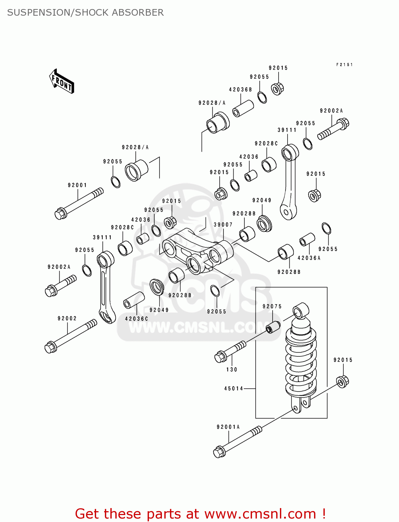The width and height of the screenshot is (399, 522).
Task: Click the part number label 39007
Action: click(223, 225)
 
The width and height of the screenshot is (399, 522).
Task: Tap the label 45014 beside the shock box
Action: click(234, 388)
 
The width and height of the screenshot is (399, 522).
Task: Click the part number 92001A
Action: click(228, 427)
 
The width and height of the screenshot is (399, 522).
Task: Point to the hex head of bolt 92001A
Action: click(219, 452)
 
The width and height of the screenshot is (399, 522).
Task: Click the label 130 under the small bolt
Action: click(232, 370)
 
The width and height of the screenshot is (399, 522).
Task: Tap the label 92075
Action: click(272, 307)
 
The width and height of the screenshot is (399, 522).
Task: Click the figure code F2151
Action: click(344, 65)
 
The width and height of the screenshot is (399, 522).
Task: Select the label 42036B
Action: click(240, 90)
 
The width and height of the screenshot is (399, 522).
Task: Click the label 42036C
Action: click(136, 319)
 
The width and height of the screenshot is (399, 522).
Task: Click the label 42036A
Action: click(309, 258)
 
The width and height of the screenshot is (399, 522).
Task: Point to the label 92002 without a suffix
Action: click(67, 318)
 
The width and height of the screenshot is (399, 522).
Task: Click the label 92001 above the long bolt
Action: click(77, 185)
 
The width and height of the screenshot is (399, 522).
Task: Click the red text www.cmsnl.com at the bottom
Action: click(260, 514)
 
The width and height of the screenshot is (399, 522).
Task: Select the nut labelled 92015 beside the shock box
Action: click(343, 381)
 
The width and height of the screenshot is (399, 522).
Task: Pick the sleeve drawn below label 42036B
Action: click(243, 108)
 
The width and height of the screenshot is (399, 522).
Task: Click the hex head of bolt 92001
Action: click(61, 213)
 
